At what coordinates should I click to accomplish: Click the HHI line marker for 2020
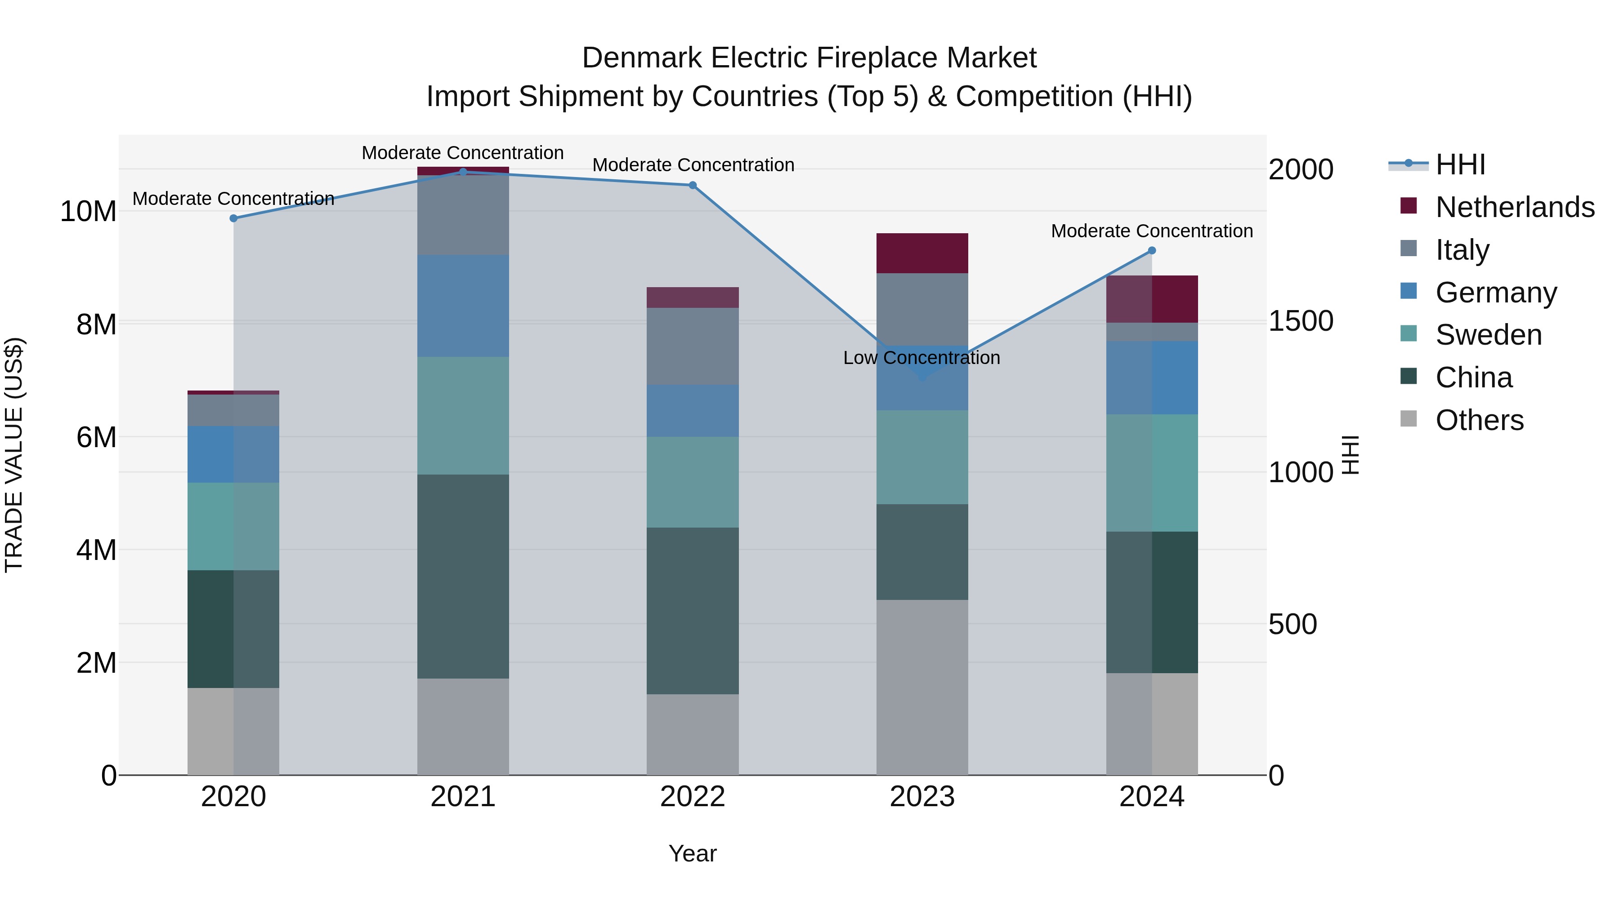(x=233, y=218)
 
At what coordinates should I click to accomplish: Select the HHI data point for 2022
(x=693, y=185)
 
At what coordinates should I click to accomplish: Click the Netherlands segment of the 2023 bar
(x=922, y=253)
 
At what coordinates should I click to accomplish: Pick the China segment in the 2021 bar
(x=463, y=576)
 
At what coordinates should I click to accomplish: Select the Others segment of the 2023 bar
(x=922, y=687)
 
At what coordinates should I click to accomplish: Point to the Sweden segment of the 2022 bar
(x=693, y=482)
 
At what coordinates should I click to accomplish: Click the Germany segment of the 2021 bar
(x=463, y=306)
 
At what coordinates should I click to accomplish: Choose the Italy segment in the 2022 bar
(x=693, y=346)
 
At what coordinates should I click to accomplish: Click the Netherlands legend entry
(x=1515, y=207)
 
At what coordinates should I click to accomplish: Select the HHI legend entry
(x=1460, y=164)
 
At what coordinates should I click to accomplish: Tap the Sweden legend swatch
(x=1409, y=334)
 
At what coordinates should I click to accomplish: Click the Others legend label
(x=1480, y=420)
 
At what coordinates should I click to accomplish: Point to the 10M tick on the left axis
(x=88, y=212)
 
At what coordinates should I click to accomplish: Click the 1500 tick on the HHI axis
(x=1300, y=321)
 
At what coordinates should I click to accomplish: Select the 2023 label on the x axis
(x=922, y=797)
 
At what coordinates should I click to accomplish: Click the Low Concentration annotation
(x=921, y=358)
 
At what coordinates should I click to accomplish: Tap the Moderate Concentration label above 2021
(x=463, y=153)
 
